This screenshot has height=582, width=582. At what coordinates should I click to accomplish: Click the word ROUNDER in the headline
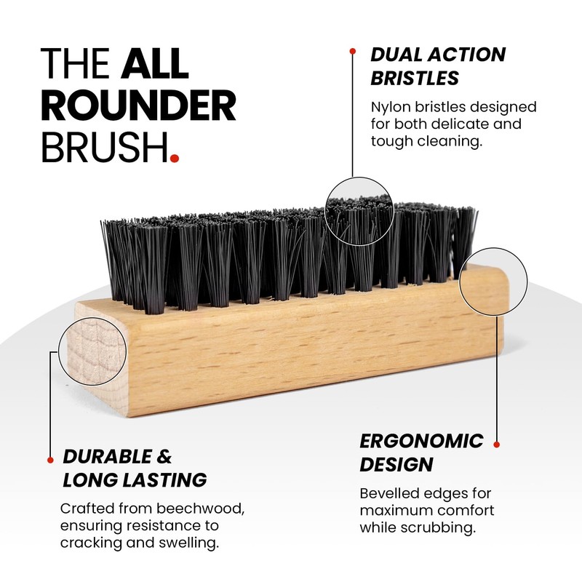click(138, 107)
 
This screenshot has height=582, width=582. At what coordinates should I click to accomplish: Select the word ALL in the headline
click(155, 64)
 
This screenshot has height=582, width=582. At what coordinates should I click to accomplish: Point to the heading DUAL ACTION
click(438, 55)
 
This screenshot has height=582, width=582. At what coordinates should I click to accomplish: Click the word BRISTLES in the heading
click(415, 78)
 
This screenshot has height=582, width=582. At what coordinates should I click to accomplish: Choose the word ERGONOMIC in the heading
click(422, 441)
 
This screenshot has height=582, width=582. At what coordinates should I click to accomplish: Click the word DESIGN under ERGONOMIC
click(397, 464)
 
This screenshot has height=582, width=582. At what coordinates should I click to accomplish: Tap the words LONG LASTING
click(135, 480)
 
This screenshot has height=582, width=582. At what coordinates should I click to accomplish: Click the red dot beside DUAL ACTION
click(353, 51)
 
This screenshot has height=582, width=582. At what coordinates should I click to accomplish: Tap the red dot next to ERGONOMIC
click(497, 444)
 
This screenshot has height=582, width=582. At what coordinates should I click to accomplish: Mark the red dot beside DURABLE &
click(50, 460)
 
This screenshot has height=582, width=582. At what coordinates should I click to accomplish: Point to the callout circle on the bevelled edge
click(493, 281)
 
